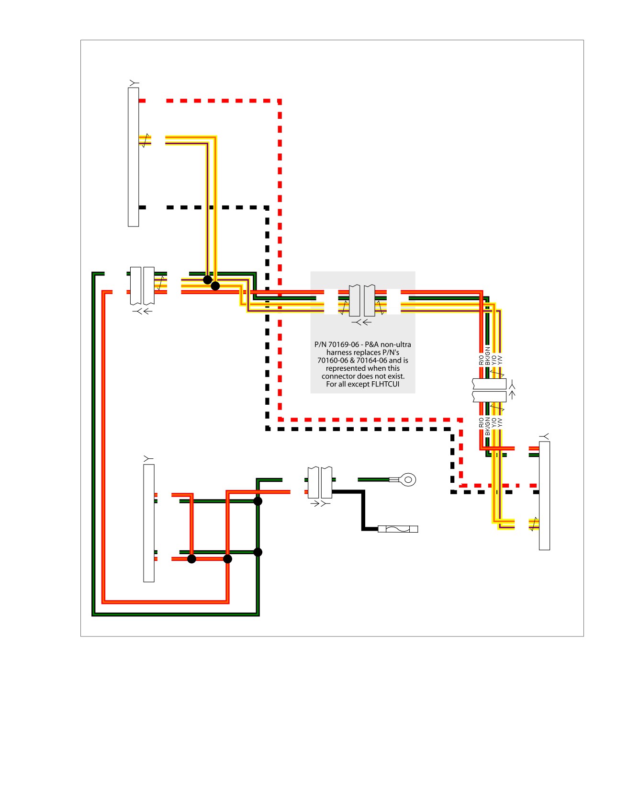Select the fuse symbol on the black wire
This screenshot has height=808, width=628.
point(398,529)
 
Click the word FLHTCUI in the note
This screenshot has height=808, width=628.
point(385,384)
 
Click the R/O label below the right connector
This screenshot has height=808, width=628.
point(482,422)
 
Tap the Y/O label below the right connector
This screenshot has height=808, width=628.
point(494,422)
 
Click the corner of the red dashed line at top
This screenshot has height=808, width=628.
point(280,101)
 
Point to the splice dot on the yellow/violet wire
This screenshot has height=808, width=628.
point(215,286)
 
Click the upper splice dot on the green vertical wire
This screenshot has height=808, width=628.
point(258,501)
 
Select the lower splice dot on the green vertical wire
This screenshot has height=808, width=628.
point(258,552)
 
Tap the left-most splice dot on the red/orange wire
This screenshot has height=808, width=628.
point(191,559)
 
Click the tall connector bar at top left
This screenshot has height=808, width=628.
point(134,157)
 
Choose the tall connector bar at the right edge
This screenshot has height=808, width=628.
point(544,496)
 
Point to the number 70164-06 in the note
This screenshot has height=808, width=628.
point(372,360)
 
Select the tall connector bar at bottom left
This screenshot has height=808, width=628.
point(149,523)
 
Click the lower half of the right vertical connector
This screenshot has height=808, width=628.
point(489,397)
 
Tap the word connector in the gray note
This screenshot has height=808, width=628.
point(338,376)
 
